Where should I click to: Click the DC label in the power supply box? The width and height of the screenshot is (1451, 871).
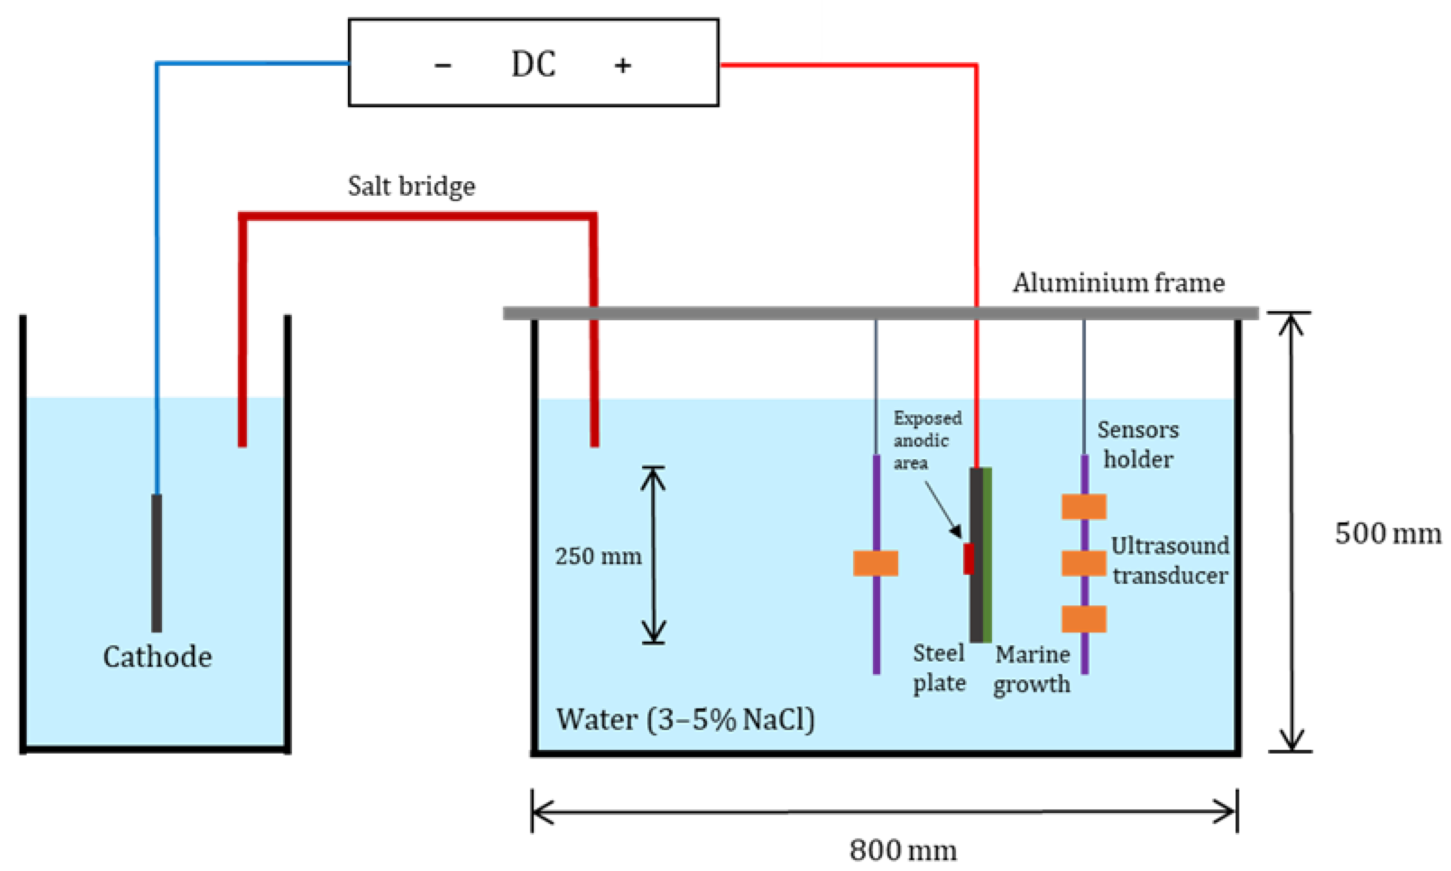[533, 64]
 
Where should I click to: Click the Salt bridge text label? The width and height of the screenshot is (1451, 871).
[411, 187]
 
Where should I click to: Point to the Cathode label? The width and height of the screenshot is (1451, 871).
[157, 657]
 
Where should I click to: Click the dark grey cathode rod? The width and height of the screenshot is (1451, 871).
[157, 563]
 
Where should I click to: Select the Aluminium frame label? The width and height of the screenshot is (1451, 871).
[1118, 283]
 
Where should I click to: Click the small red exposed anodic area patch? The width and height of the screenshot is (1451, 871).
[968, 559]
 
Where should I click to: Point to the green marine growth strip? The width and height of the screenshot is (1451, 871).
[987, 555]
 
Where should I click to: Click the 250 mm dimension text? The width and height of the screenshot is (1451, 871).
[599, 557]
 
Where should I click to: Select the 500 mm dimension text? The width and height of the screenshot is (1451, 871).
[1388, 534]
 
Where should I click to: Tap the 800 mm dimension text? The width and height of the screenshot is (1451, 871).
[903, 850]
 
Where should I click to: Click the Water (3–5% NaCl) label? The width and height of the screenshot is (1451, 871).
[685, 719]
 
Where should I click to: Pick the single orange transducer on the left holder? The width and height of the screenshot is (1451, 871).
[875, 563]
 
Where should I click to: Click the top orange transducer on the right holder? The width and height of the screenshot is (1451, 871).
[1084, 507]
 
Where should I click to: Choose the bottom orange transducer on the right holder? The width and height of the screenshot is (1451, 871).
[1084, 619]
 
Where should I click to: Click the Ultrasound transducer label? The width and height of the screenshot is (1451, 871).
[1170, 561]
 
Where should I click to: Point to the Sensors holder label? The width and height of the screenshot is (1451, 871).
[1138, 445]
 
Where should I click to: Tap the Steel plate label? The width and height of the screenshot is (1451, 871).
[939, 668]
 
